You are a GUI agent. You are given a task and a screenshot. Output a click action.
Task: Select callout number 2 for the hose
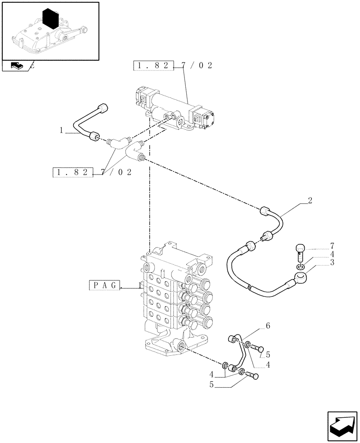click(310, 201)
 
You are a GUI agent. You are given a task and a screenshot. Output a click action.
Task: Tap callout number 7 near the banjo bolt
click(332, 245)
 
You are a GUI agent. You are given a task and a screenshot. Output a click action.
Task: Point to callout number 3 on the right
click(332, 262)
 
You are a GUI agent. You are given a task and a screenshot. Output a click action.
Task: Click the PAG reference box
click(105, 285)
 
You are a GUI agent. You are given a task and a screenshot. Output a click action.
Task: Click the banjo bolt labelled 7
click(301, 251)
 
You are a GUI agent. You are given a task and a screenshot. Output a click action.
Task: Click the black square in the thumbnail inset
click(52, 19)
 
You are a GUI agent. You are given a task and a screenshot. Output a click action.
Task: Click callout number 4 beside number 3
click(332, 254)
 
